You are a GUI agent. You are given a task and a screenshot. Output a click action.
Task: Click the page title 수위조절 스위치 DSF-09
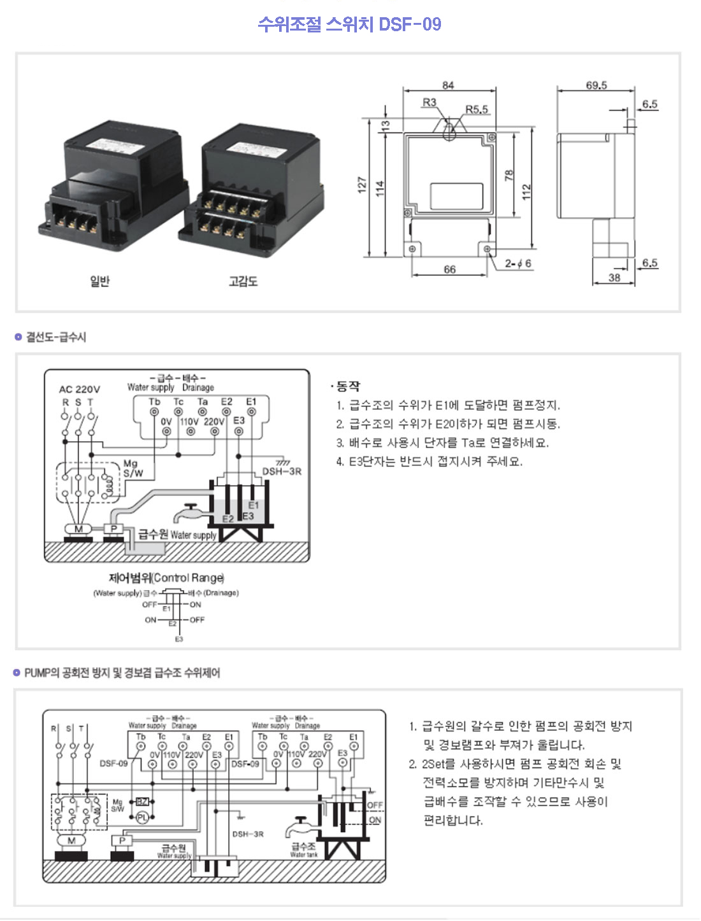tap(349, 24)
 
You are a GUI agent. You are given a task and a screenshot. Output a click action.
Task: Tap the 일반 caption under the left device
tap(99, 281)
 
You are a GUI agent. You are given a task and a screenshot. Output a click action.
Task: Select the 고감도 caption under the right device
tap(243, 281)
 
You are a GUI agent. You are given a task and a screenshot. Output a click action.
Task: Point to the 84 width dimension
tap(448, 85)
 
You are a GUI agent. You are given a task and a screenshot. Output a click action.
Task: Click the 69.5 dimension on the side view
tap(596, 85)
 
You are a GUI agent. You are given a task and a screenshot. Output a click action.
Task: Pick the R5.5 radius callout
tap(477, 109)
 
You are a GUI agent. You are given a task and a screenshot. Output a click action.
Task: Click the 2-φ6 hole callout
tap(518, 264)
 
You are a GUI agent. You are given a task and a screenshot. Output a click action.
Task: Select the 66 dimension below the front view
tap(449, 269)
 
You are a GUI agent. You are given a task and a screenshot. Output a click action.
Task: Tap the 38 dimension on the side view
tap(614, 277)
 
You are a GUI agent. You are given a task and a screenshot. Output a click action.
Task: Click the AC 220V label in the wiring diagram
tap(80, 389)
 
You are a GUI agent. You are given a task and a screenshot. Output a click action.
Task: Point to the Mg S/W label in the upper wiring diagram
tap(133, 468)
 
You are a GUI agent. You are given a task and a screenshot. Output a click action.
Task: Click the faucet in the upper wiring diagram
tap(189, 512)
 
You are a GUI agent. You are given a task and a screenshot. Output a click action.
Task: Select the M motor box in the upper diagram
tap(78, 529)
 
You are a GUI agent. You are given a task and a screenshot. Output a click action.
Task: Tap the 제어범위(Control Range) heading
tap(166, 578)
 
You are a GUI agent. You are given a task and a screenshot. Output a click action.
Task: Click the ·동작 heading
tap(345, 386)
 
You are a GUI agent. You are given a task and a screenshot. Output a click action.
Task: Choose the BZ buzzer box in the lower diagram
tap(142, 801)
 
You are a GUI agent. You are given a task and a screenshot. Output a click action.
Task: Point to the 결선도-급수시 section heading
tap(55, 337)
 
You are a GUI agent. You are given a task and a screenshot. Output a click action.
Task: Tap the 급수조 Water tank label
tap(303, 849)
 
